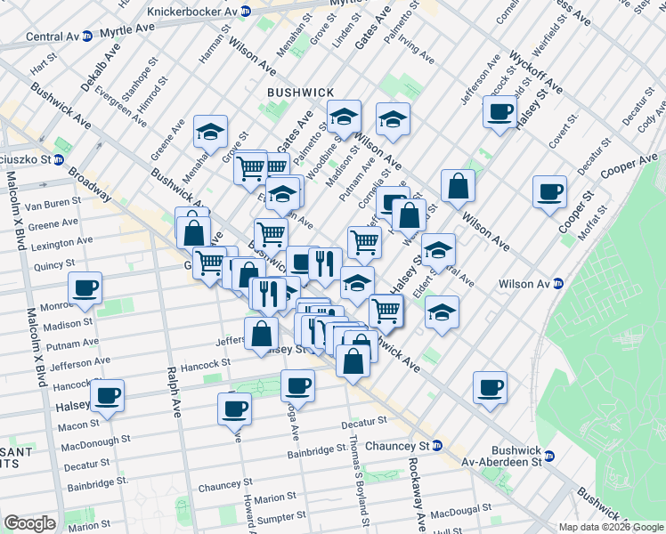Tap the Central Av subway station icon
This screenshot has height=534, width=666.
[86, 37]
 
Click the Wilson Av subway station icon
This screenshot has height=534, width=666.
[558, 284]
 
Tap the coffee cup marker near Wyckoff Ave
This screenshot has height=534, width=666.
[500, 112]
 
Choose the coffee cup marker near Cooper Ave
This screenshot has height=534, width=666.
[549, 191]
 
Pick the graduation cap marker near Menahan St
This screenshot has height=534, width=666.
[210, 132]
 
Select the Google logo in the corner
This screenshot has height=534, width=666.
[28, 523]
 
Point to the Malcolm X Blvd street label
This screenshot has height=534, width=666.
[37, 347]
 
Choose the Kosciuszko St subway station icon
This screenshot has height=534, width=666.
[58, 160]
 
